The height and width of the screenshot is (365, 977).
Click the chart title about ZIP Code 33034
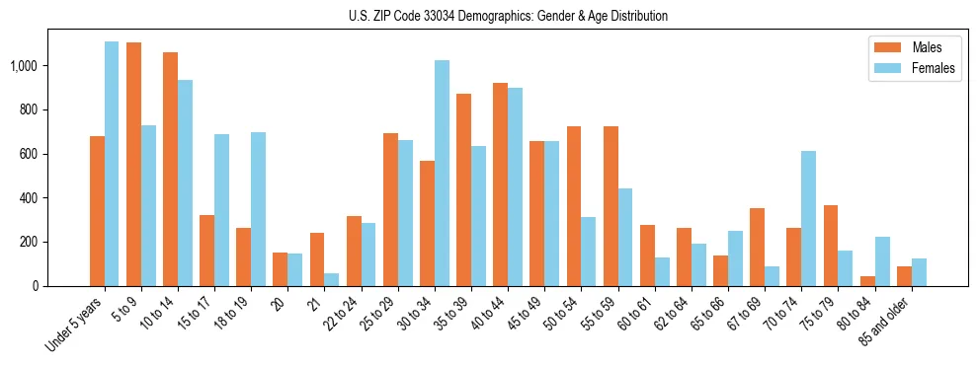(x=508, y=16)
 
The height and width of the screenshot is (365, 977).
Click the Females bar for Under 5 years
(x=112, y=164)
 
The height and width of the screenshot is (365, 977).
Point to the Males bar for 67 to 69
(x=757, y=248)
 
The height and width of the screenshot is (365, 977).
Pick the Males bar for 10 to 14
(x=170, y=169)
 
